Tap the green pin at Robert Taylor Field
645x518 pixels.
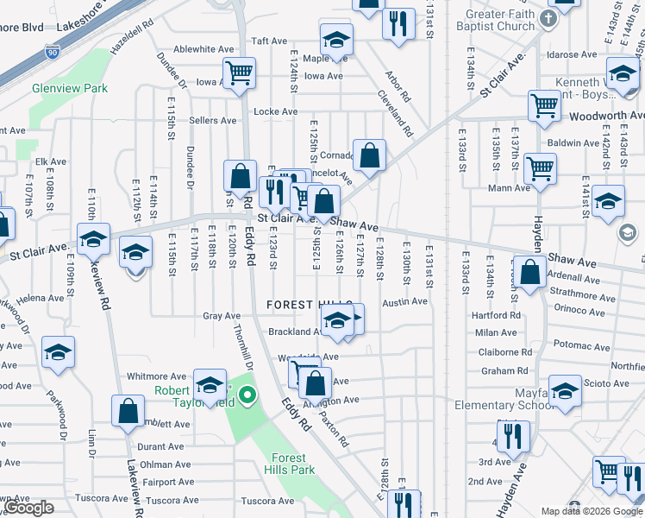[247, 396]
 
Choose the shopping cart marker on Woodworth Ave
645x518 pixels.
[544, 106]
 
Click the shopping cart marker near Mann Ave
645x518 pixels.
[540, 168]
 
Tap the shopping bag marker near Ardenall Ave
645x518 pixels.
[530, 270]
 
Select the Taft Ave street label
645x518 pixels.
[268, 41]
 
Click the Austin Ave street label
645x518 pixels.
[405, 301]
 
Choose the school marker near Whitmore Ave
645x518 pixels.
[210, 386]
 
